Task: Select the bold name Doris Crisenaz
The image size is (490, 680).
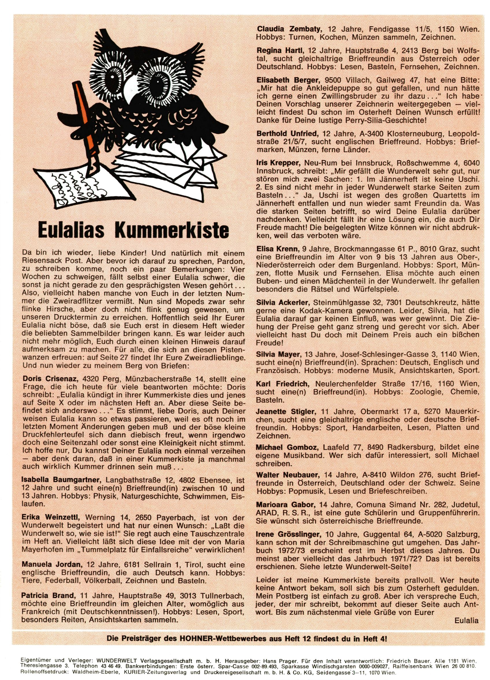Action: click(x=50, y=379)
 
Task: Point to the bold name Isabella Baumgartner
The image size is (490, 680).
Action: click(x=63, y=480)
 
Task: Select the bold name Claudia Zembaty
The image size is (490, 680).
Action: click(x=289, y=29)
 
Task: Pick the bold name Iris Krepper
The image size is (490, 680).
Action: click(x=278, y=163)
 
